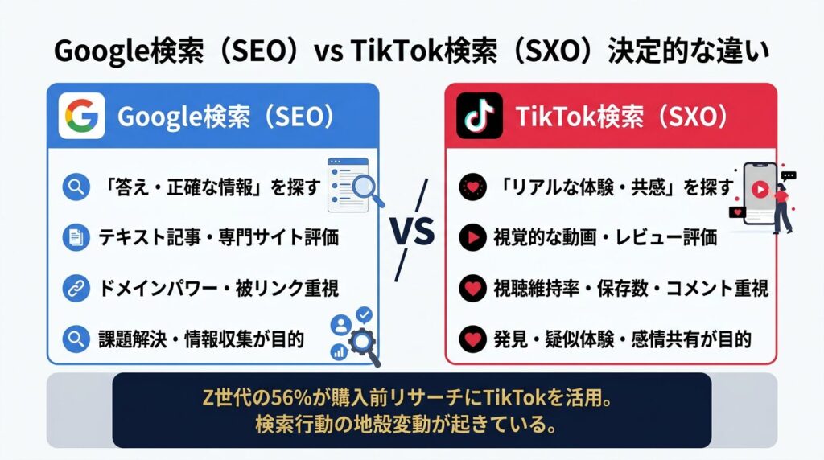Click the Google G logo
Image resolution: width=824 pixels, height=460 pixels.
(x=81, y=116)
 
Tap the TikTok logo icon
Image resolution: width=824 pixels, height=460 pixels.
(x=480, y=116)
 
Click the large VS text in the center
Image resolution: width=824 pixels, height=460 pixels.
(x=413, y=231)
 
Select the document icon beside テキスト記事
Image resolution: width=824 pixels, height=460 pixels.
(x=76, y=237)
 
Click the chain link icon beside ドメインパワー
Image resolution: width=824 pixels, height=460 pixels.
(x=76, y=288)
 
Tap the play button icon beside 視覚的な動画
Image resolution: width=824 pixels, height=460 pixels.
(x=472, y=237)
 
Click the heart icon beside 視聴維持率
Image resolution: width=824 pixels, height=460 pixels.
(x=472, y=288)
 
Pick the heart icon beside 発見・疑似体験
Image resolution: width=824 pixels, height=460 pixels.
(x=472, y=339)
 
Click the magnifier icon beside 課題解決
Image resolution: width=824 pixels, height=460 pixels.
(x=76, y=339)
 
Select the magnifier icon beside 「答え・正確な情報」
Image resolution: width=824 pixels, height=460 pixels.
(x=76, y=187)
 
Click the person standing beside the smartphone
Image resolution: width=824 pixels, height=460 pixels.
(x=781, y=208)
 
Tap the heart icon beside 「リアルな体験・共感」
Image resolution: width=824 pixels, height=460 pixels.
(x=472, y=187)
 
